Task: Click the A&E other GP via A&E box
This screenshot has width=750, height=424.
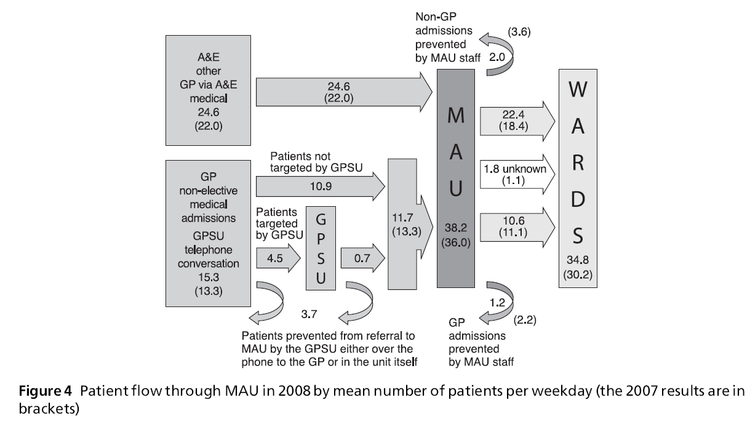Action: pyautogui.click(x=209, y=91)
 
